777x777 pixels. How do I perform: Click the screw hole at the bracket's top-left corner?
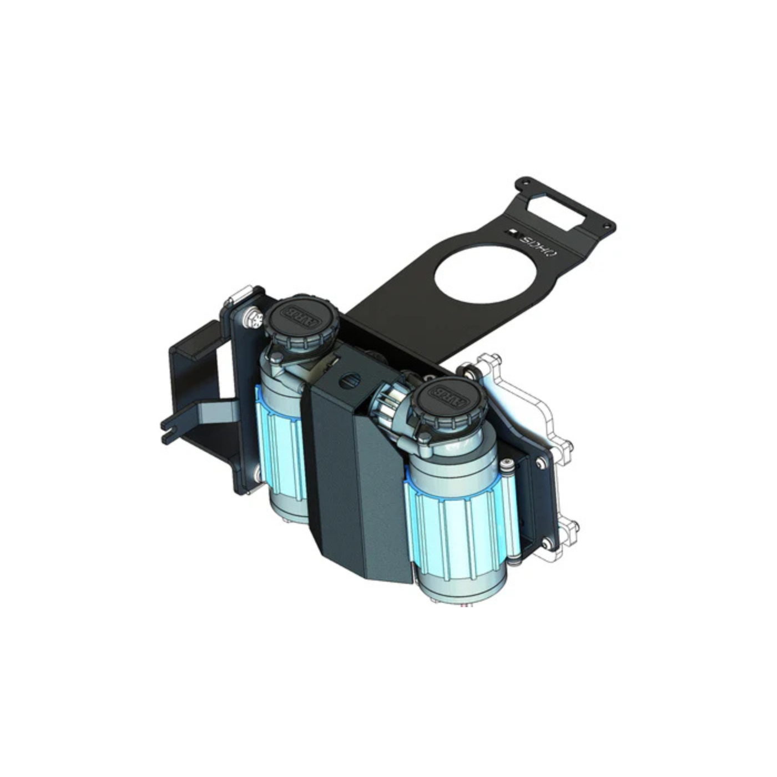pos(521,183)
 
